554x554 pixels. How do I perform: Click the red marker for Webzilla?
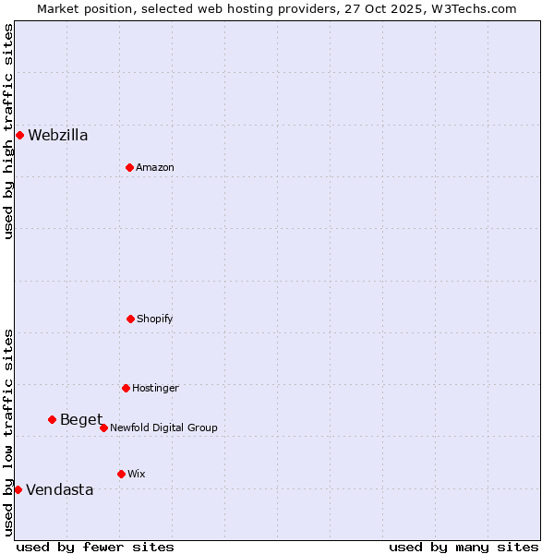[x=19, y=135]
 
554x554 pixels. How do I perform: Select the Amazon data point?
[x=129, y=167]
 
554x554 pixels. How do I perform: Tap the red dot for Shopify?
[x=130, y=319]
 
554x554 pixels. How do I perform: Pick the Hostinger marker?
[x=126, y=388]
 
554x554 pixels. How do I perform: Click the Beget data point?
[x=52, y=419]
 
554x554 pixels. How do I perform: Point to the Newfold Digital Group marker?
[x=103, y=428]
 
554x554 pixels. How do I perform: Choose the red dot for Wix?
[x=121, y=474]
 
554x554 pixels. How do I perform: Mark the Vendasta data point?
[x=18, y=489]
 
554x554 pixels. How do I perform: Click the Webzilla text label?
[x=58, y=136]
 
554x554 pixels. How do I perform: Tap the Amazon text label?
[x=155, y=167]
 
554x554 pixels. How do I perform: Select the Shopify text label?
[x=155, y=319]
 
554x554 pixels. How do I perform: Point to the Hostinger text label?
[x=155, y=388]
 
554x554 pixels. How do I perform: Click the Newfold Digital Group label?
[x=164, y=428]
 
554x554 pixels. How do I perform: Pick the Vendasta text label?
[x=60, y=490]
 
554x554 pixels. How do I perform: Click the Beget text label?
[x=81, y=420]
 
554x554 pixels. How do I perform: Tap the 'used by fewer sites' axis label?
[x=95, y=547]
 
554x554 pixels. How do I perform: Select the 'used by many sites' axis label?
[x=464, y=547]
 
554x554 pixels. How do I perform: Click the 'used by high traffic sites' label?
[x=8, y=132]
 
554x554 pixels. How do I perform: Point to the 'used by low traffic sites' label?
[x=8, y=432]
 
